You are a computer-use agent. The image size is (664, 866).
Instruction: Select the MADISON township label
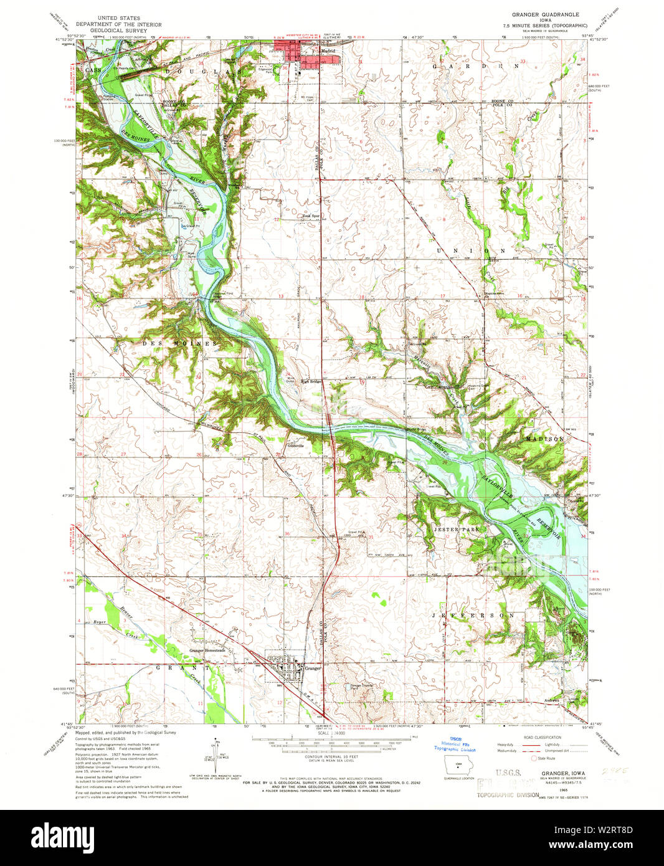click(x=544, y=439)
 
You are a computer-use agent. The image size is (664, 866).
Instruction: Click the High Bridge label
click(x=310, y=382)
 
